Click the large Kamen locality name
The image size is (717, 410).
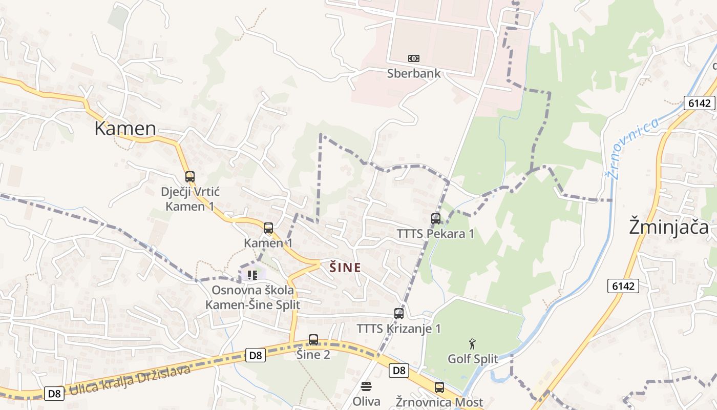point(125,129)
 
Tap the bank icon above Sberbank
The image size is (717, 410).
point(413,58)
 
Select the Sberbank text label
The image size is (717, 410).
point(413,73)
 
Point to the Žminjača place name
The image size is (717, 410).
point(668,227)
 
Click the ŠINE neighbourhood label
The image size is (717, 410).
point(345,267)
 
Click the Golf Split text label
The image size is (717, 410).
point(472,359)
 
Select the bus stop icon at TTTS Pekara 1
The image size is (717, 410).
point(436,219)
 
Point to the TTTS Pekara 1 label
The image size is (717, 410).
point(435,234)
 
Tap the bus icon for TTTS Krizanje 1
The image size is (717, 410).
point(399,314)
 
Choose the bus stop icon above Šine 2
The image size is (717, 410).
point(313,340)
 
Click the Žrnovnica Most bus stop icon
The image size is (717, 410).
point(439,387)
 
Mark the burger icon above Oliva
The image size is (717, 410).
point(366,386)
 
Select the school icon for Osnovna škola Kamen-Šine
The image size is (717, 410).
point(252,275)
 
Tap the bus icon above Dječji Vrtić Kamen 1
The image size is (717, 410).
point(190,177)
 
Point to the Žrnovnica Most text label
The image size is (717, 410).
point(439,402)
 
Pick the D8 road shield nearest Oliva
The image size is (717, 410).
point(399,371)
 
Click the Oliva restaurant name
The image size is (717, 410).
point(366,401)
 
